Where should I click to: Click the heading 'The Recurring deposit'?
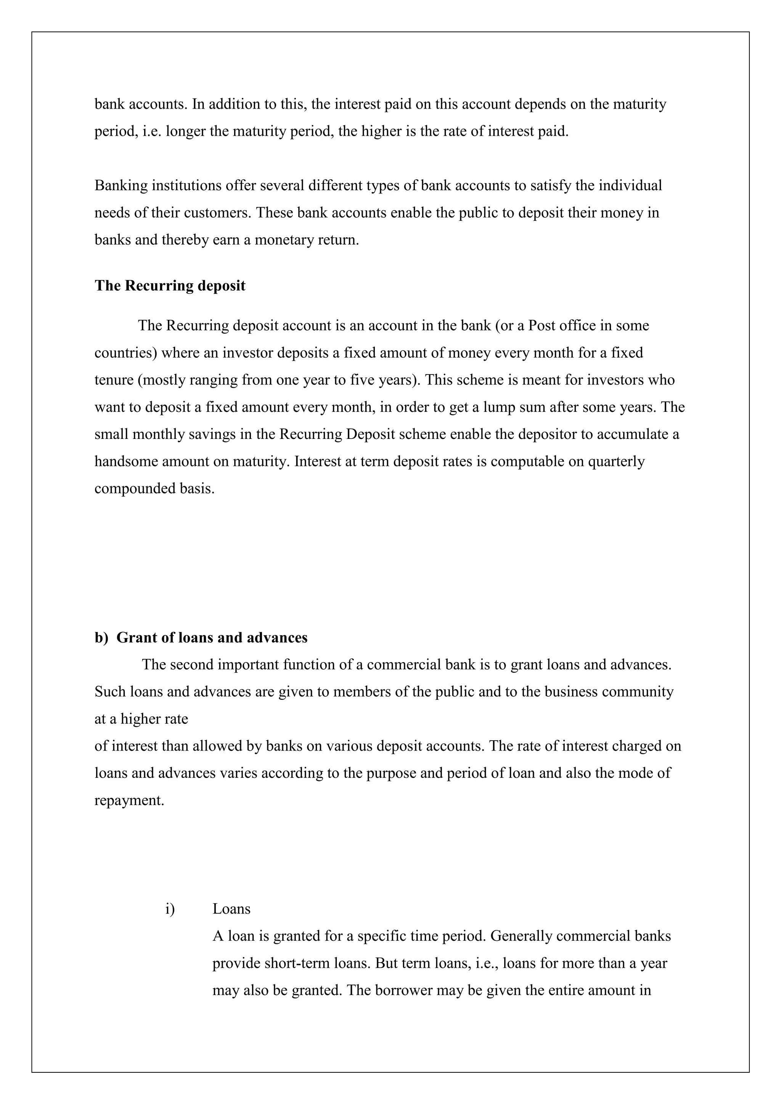tap(170, 286)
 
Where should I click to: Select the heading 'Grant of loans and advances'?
tap(212, 638)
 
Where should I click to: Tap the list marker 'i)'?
tap(170, 909)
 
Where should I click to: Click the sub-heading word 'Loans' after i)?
tap(231, 909)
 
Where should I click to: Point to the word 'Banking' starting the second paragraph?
tap(121, 186)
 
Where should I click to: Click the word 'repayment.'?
tap(129, 800)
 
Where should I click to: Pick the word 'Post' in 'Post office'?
tap(540, 326)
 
